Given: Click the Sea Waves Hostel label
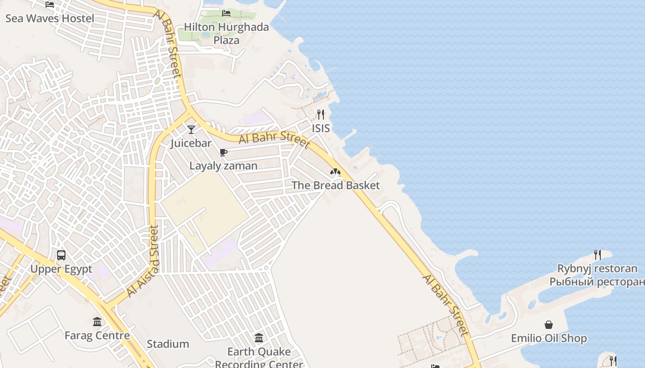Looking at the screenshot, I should click(50, 18).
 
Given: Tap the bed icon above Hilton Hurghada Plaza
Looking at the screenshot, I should click(226, 13).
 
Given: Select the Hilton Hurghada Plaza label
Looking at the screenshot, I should click(226, 34).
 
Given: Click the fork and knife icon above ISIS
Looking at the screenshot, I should click(321, 114).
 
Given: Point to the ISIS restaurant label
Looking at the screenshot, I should click(321, 128).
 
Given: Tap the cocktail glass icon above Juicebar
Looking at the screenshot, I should click(191, 129).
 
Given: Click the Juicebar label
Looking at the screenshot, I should click(191, 143).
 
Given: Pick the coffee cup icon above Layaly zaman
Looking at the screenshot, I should click(223, 152).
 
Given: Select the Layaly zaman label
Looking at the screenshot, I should click(223, 166).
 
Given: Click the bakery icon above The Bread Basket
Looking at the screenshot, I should click(335, 172).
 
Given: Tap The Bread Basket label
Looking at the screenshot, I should click(335, 185).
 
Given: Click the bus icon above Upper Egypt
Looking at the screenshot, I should click(61, 255).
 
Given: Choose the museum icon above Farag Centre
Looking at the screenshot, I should click(97, 322).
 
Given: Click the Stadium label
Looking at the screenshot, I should click(168, 344).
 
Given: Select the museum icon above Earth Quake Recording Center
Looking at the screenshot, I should click(259, 338).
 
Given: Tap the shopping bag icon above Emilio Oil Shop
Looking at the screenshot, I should click(549, 325).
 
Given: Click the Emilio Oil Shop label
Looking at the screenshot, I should click(549, 339).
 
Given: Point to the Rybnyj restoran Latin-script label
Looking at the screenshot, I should click(597, 269).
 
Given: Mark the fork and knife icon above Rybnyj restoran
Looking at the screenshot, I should click(598, 254).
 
